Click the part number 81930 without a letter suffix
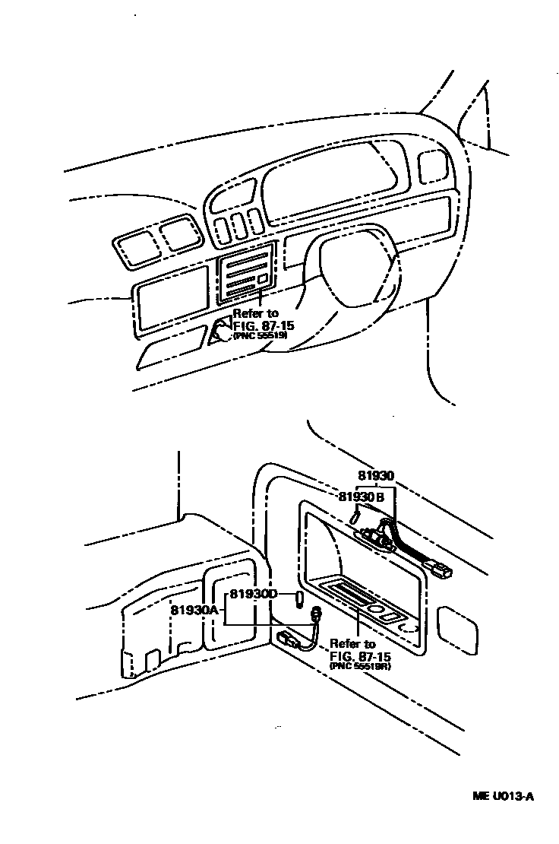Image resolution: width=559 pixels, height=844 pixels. coord(377,476)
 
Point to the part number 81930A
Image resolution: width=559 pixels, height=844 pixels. coord(194,610)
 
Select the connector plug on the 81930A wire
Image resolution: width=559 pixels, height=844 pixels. coord(288,639)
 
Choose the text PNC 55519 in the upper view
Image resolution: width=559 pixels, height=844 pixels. coord(260,335)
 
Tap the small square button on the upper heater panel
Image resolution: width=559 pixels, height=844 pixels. coord(263,280)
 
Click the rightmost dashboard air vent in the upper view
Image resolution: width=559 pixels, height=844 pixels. coord(432,165)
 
